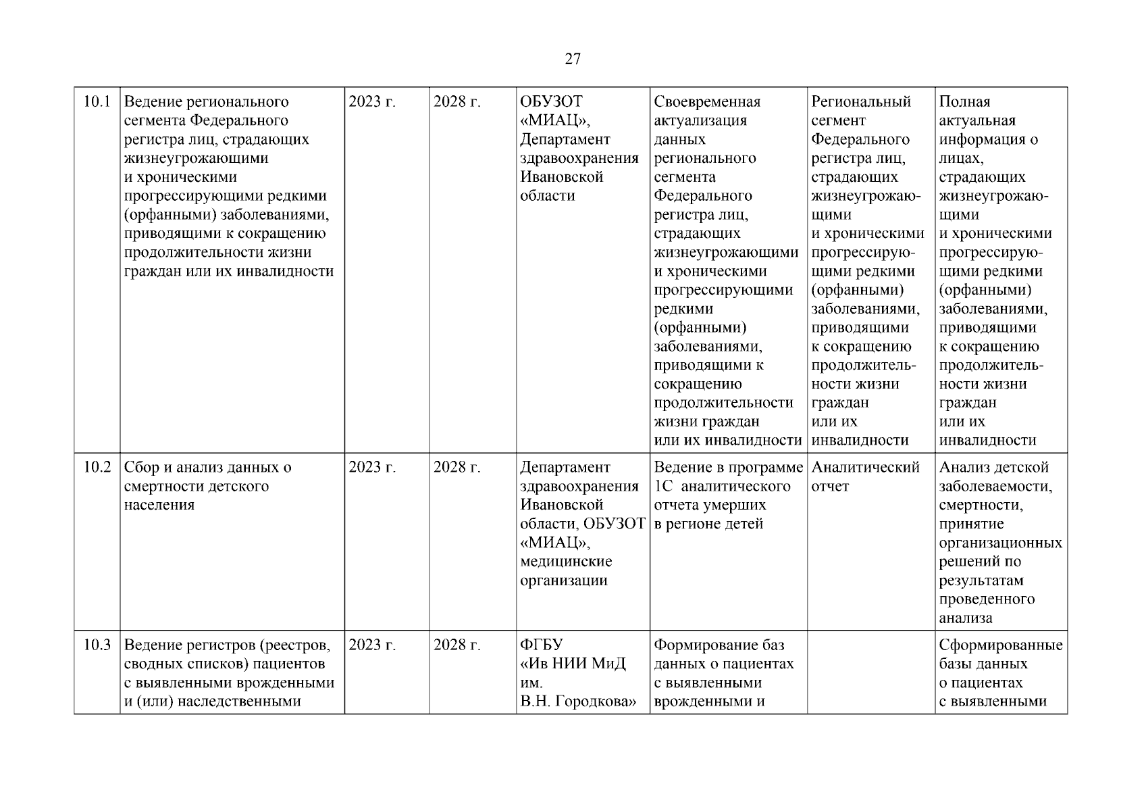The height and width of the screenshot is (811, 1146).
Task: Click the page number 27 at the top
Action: pos(572,59)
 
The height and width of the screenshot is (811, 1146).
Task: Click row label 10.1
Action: pos(97,102)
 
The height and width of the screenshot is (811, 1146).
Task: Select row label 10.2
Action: pos(97,468)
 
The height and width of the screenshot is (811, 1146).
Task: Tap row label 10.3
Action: pos(97,645)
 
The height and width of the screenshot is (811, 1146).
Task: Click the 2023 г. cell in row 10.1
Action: pos(372,102)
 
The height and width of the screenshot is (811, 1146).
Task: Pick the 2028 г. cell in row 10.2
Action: pos(457,468)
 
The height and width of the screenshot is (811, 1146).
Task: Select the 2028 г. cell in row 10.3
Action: pos(457,645)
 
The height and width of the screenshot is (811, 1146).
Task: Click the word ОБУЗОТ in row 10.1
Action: pos(551,102)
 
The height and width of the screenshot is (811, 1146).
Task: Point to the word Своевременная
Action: pos(707,102)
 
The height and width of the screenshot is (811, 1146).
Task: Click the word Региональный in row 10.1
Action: pos(861,102)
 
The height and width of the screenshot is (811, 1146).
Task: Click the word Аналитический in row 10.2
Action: pos(865,468)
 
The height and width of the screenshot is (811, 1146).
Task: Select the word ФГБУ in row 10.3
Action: pos(542,645)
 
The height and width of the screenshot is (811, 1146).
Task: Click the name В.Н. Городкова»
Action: pos(579,701)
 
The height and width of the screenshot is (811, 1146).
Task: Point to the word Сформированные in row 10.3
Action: pos(1001,645)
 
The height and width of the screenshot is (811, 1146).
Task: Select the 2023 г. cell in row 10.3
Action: pos(372,645)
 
